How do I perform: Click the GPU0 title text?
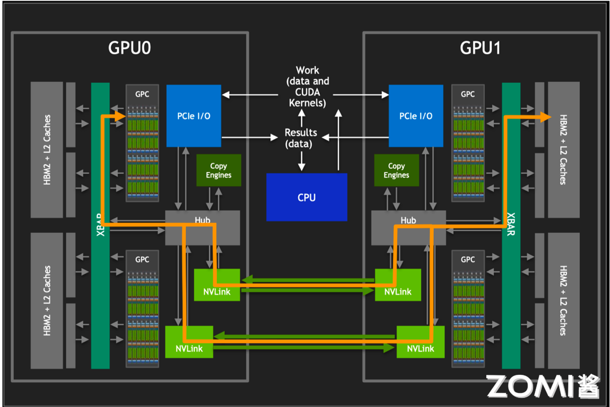click(x=129, y=48)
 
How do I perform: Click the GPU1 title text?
click(x=481, y=48)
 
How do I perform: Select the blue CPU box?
click(x=307, y=197)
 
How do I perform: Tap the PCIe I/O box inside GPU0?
click(x=193, y=115)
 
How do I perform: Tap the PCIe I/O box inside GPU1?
click(x=416, y=115)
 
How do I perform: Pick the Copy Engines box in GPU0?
click(x=219, y=170)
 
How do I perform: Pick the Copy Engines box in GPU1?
click(x=396, y=170)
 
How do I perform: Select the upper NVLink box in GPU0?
click(x=216, y=285)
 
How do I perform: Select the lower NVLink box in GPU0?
click(x=189, y=342)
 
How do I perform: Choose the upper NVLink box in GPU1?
click(x=398, y=285)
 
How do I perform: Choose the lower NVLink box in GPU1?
click(x=420, y=342)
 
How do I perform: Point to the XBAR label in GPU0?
click(x=100, y=225)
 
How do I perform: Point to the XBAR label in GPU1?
click(x=511, y=225)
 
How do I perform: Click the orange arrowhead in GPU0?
click(x=119, y=116)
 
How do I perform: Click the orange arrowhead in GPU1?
click(x=545, y=117)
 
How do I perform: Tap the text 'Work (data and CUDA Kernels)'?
click(x=307, y=86)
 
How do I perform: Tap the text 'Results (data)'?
click(x=300, y=138)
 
